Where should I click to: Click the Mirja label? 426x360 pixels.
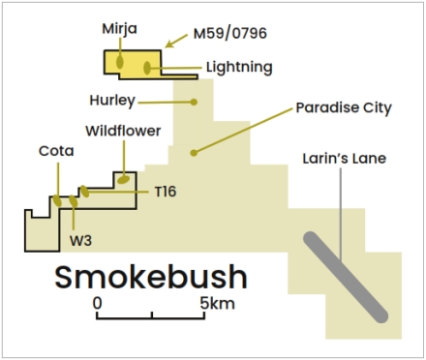coord(120,29)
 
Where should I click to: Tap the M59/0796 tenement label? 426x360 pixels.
coord(230,33)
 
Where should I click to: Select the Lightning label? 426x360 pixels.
coord(239,68)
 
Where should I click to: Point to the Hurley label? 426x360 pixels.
coord(112,101)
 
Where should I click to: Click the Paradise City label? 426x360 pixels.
coord(344,107)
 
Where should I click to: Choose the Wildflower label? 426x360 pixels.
coord(123,131)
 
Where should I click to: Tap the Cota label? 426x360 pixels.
coord(56,151)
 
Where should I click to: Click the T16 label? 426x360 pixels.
coord(166,192)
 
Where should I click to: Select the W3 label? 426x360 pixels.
coord(80,241)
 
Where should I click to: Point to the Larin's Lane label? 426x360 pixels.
coord(345,159)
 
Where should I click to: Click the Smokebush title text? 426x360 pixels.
coord(151,278)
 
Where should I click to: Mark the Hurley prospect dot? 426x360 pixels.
coord(194,102)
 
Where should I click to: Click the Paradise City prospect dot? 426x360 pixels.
coord(194,153)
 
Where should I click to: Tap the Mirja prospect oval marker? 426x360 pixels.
coord(120,62)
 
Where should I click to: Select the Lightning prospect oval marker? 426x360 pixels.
coord(147,68)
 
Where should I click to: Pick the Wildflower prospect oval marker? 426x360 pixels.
coord(123,179)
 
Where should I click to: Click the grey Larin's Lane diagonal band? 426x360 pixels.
coord(346,277)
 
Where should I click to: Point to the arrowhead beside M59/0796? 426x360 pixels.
coord(169,45)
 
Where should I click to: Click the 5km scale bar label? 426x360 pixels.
coord(217,304)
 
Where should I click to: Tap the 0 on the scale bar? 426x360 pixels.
coord(97,304)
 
